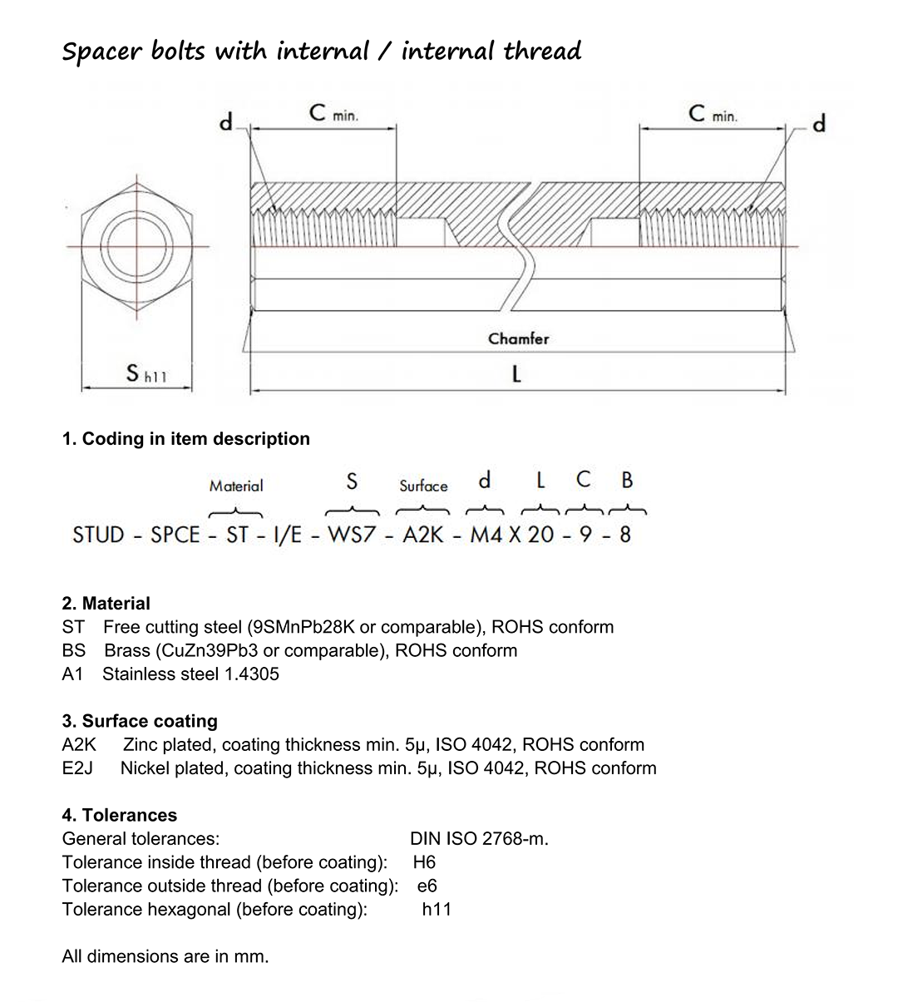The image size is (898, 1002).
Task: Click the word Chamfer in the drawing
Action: (518, 338)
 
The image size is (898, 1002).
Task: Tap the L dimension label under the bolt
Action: (516, 374)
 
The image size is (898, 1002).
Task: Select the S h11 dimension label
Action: (146, 374)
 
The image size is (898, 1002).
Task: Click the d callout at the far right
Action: (819, 125)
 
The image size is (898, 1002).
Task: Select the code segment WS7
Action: (353, 535)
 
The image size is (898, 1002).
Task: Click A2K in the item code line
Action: (423, 535)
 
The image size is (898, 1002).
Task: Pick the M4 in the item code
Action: (486, 535)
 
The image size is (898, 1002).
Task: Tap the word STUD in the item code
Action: (98, 535)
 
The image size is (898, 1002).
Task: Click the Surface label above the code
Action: (423, 486)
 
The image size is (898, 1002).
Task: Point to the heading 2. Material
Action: (106, 604)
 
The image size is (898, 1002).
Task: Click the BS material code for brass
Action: (73, 650)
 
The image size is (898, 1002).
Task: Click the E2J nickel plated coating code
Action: (77, 768)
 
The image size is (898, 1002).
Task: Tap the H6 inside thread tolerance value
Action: (424, 862)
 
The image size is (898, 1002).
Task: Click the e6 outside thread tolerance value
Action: (427, 886)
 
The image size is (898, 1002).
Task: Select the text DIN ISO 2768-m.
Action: (479, 838)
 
